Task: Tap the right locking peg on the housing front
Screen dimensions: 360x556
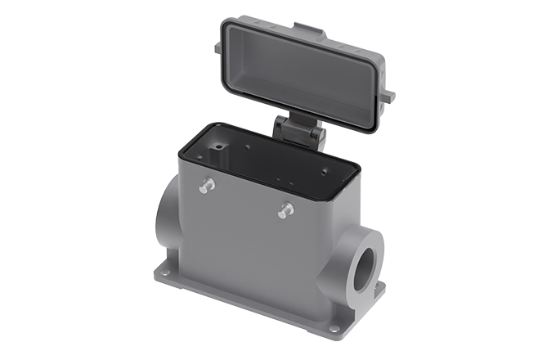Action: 284,210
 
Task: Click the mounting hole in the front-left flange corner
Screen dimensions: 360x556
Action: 166,276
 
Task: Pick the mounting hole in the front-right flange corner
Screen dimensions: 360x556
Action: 334,330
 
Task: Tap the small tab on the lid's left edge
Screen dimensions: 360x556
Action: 218,48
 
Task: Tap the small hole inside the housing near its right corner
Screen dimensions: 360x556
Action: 325,171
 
